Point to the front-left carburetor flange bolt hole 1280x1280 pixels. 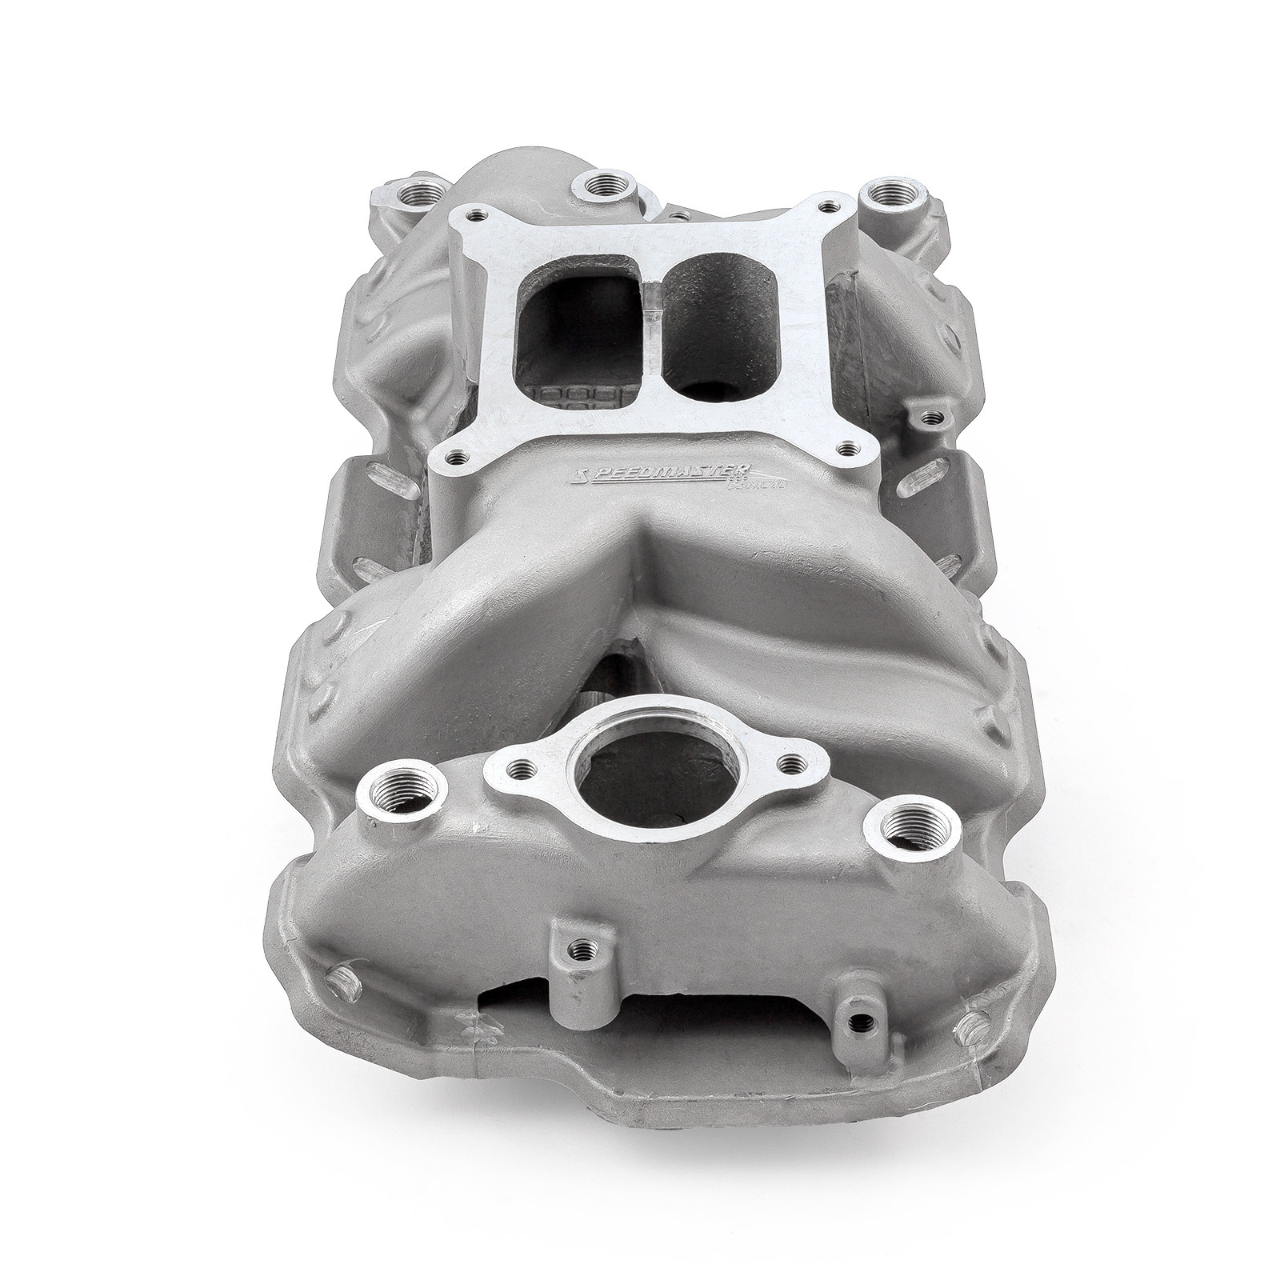tap(458, 458)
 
